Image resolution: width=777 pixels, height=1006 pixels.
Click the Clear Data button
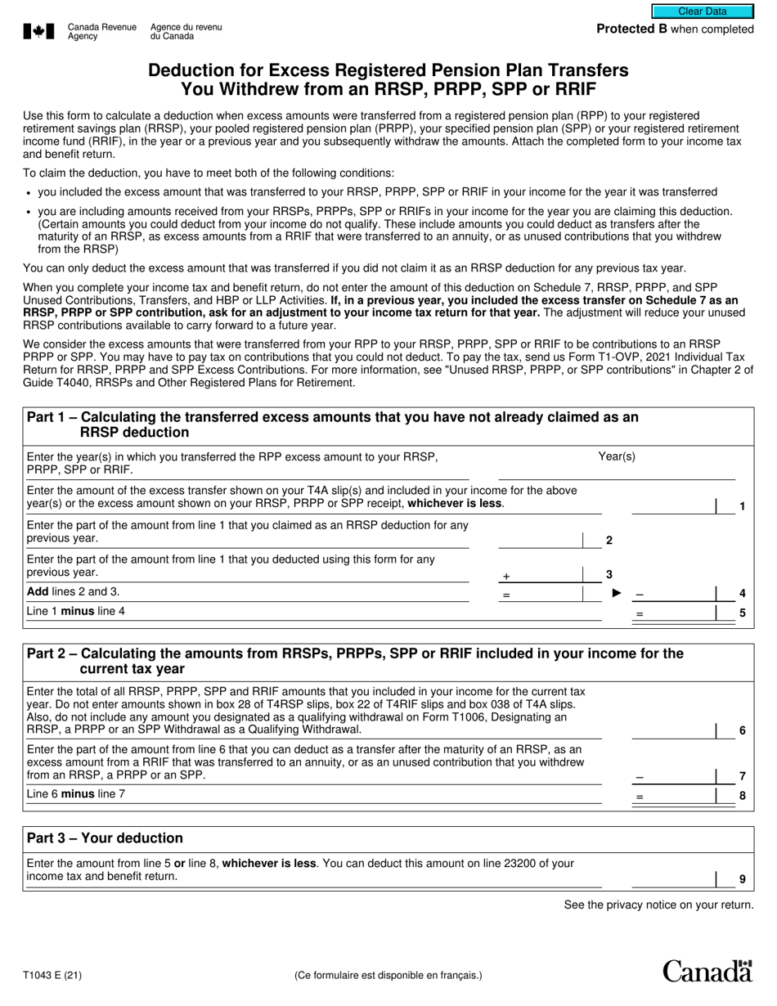(x=702, y=11)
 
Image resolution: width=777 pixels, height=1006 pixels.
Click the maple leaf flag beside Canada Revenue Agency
(x=38, y=32)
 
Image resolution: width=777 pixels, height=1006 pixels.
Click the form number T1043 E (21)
(x=52, y=975)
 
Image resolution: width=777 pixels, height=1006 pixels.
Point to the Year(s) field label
(x=617, y=456)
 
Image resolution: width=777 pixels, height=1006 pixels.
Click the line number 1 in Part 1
(x=742, y=506)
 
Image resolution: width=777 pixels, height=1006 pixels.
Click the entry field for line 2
(x=540, y=539)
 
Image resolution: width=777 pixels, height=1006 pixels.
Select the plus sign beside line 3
(x=506, y=577)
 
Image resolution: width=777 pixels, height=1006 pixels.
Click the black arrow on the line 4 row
(x=617, y=593)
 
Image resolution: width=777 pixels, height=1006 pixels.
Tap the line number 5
(x=742, y=613)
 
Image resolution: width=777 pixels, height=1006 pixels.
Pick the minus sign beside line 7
(x=640, y=775)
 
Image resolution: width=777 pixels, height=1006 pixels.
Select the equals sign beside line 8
(x=640, y=796)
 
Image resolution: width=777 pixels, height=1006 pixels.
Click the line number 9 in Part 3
(x=742, y=879)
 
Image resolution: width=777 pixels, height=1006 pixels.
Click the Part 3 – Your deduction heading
(x=105, y=838)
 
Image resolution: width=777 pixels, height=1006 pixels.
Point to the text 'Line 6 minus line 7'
(x=76, y=793)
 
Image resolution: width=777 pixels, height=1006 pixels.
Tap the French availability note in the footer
(x=388, y=975)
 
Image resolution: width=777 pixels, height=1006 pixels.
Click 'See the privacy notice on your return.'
(x=658, y=905)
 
